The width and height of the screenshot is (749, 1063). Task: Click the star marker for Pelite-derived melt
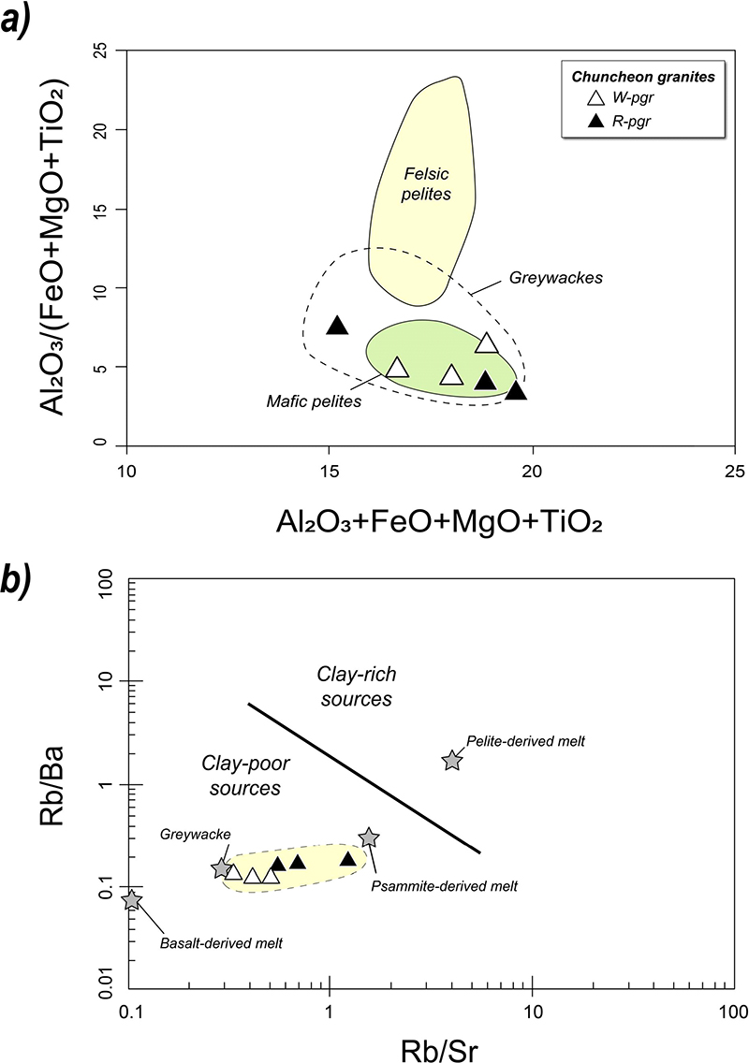click(x=452, y=760)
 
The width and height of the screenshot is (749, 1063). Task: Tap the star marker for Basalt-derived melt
click(x=132, y=900)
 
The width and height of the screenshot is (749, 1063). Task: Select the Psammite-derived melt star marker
click(x=369, y=837)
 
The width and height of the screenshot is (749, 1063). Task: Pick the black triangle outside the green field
click(x=337, y=326)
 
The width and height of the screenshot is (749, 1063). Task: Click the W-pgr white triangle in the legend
click(x=595, y=98)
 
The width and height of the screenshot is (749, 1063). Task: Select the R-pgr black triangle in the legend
click(x=595, y=120)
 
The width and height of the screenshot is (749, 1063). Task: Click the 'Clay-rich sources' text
click(x=353, y=686)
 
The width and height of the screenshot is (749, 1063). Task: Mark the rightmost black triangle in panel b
click(x=348, y=859)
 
